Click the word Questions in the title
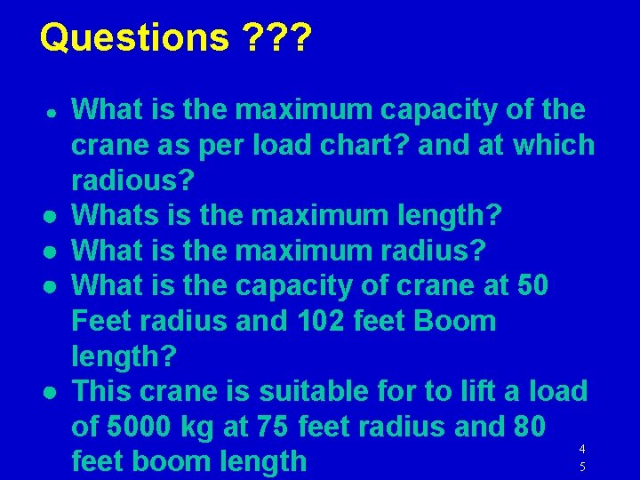[134, 37]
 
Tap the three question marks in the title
[276, 37]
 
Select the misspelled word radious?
[132, 180]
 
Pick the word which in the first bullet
[551, 145]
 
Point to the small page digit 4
[581, 449]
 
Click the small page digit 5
[581, 466]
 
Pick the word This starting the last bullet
[101, 391]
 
